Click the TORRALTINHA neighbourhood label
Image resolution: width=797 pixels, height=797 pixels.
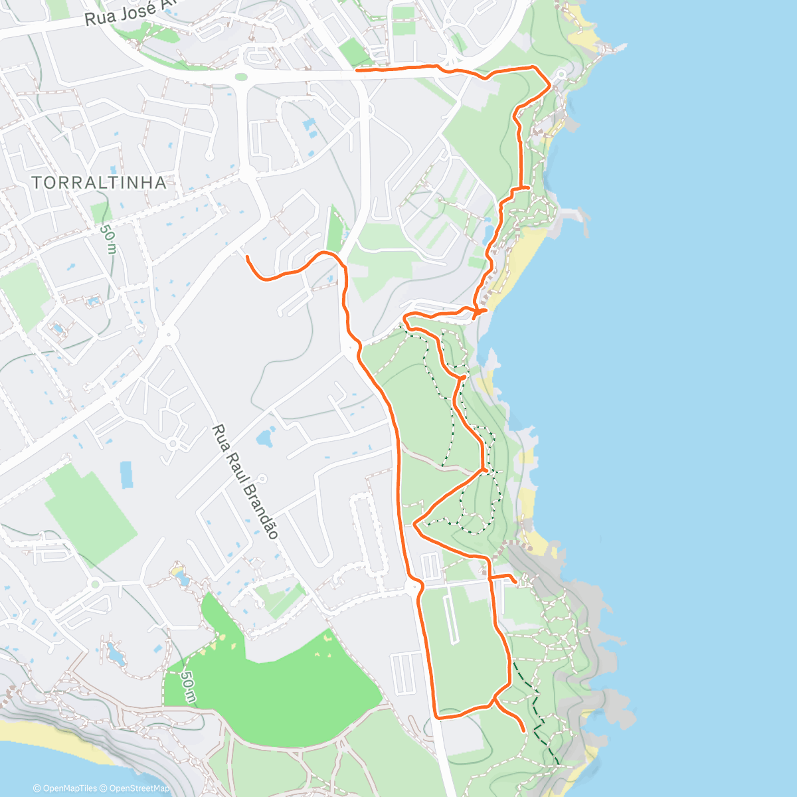click(98, 182)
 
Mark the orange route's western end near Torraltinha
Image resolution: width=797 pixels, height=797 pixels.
click(247, 256)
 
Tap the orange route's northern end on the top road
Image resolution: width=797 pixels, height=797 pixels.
click(357, 69)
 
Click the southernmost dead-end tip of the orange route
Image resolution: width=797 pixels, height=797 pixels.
click(524, 731)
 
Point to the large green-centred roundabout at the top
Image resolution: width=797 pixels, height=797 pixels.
click(241, 77)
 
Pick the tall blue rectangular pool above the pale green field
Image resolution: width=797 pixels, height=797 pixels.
click(126, 475)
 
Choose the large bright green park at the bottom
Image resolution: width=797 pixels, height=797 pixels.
click(279, 691)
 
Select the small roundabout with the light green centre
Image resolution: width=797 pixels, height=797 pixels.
click(95, 584)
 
